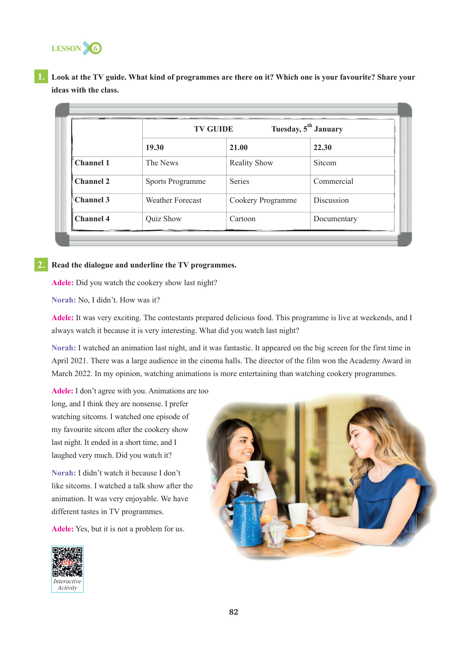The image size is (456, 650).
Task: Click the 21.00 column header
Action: (x=238, y=147)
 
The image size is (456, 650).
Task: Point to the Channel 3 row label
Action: (x=92, y=200)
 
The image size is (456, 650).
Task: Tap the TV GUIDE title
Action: (x=213, y=129)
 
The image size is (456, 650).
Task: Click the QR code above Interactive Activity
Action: (x=67, y=562)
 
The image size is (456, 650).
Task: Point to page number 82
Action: (x=234, y=612)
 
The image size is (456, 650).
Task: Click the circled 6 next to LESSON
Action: (x=95, y=48)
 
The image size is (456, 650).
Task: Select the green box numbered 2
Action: (x=41, y=265)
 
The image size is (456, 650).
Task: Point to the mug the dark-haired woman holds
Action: (x=254, y=471)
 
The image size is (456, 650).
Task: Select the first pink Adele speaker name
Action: (x=62, y=283)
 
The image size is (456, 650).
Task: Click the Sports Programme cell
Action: (x=175, y=182)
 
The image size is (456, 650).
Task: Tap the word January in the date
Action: (x=329, y=129)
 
